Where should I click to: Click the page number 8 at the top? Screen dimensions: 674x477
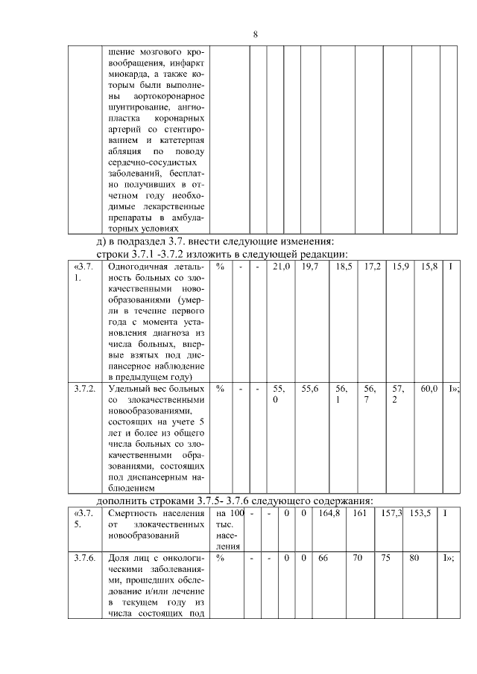[x=255, y=35]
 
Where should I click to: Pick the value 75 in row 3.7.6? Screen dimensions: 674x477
[x=385, y=557]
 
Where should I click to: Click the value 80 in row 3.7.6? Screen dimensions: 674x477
[x=414, y=557]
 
